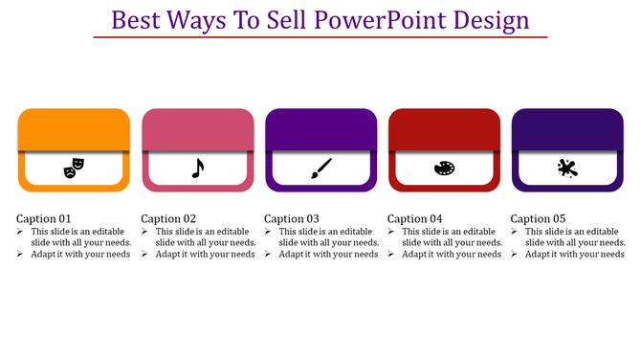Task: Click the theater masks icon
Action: click(74, 169)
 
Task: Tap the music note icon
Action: click(197, 169)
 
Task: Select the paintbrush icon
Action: click(320, 169)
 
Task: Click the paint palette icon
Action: click(444, 169)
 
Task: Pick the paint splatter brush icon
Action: click(567, 169)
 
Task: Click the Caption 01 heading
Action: click(45, 218)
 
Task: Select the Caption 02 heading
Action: click(168, 218)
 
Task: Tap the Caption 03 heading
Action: click(292, 218)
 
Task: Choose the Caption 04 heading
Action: click(415, 218)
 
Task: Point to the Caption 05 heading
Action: click(539, 218)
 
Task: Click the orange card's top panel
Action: click(74, 129)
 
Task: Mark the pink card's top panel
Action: click(197, 129)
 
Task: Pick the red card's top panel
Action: click(444, 129)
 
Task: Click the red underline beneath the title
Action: click(320, 37)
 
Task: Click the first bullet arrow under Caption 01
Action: click(22, 232)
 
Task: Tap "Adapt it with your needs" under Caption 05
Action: click(574, 255)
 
